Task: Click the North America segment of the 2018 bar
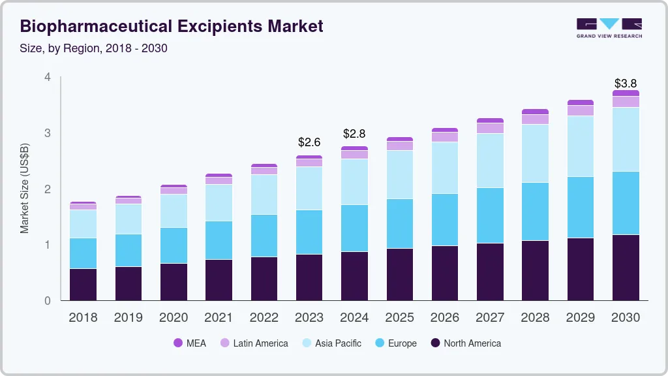(83, 285)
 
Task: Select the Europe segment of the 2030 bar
(626, 203)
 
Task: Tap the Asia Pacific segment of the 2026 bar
(445, 168)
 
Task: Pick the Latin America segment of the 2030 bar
(626, 102)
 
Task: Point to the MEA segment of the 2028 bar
(536, 112)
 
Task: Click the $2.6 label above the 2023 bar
(309, 142)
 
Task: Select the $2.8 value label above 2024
(354, 134)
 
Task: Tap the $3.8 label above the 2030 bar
(626, 84)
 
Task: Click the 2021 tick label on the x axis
(219, 317)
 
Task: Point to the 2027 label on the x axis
(490, 317)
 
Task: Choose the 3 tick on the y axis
(47, 133)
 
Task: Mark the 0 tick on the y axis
(47, 301)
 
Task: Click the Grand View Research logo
(609, 27)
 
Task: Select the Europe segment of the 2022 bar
(264, 236)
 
